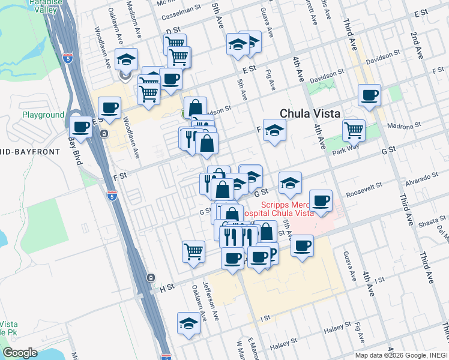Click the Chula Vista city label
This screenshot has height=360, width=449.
pyautogui.click(x=310, y=113)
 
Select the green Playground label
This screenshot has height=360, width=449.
pyautogui.click(x=43, y=114)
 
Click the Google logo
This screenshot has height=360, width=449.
pyautogui.click(x=20, y=353)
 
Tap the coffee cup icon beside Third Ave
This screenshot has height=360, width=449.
pyautogui.click(x=369, y=94)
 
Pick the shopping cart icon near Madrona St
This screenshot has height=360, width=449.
pyautogui.click(x=354, y=129)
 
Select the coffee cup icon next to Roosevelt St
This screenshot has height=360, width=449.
pyautogui.click(x=321, y=200)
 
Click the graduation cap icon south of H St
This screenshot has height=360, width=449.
pyautogui.click(x=188, y=323)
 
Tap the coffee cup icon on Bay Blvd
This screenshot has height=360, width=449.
pyautogui.click(x=81, y=127)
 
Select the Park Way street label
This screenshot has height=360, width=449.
pyautogui.click(x=345, y=152)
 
